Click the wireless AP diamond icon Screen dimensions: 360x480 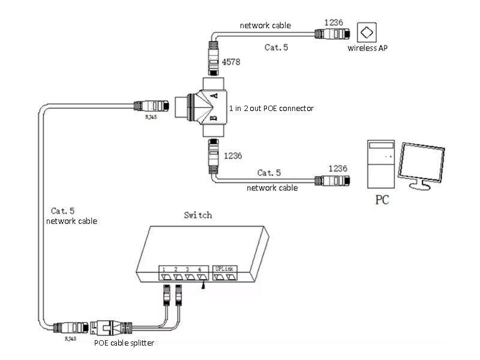[366, 31]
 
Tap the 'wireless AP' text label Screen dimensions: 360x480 [367, 49]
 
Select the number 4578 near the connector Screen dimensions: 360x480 [232, 62]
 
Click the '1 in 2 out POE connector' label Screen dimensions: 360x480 [271, 108]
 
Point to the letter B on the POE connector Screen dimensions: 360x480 [196, 116]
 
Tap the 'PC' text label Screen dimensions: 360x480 [382, 200]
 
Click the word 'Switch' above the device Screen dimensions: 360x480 [197, 215]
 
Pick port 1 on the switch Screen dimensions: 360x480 [163, 277]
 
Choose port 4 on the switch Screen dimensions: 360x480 [203, 277]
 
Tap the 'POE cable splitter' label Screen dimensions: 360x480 [128, 343]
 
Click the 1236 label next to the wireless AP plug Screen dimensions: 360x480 [333, 23]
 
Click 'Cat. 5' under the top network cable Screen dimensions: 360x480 [276, 47]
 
